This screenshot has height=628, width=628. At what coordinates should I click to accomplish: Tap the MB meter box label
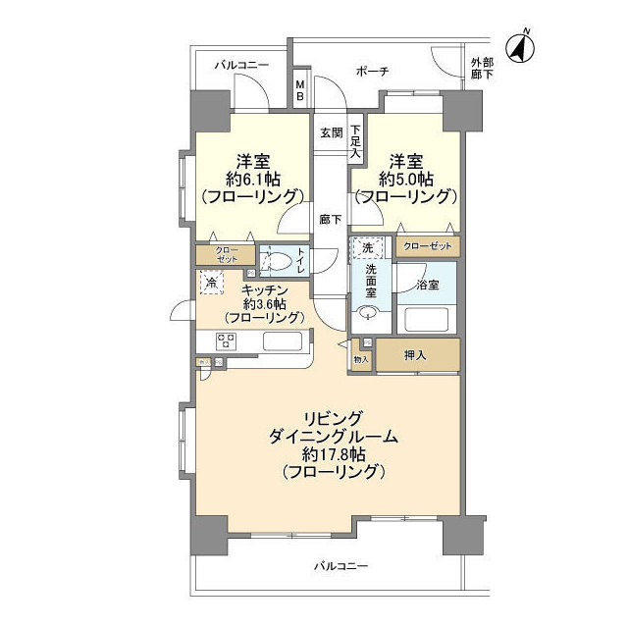point(301,91)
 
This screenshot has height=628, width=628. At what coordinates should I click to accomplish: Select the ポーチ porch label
point(372,72)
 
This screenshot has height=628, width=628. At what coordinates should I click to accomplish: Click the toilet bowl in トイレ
point(277,261)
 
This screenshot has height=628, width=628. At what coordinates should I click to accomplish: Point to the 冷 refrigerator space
point(211,283)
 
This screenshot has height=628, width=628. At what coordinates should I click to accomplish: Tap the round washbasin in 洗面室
point(367,314)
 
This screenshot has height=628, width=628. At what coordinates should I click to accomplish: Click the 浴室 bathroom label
point(426,286)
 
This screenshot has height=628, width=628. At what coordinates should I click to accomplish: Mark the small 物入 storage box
point(360,360)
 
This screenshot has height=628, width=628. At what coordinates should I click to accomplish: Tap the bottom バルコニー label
point(340,566)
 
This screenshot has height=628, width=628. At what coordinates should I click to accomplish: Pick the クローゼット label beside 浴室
point(426,247)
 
